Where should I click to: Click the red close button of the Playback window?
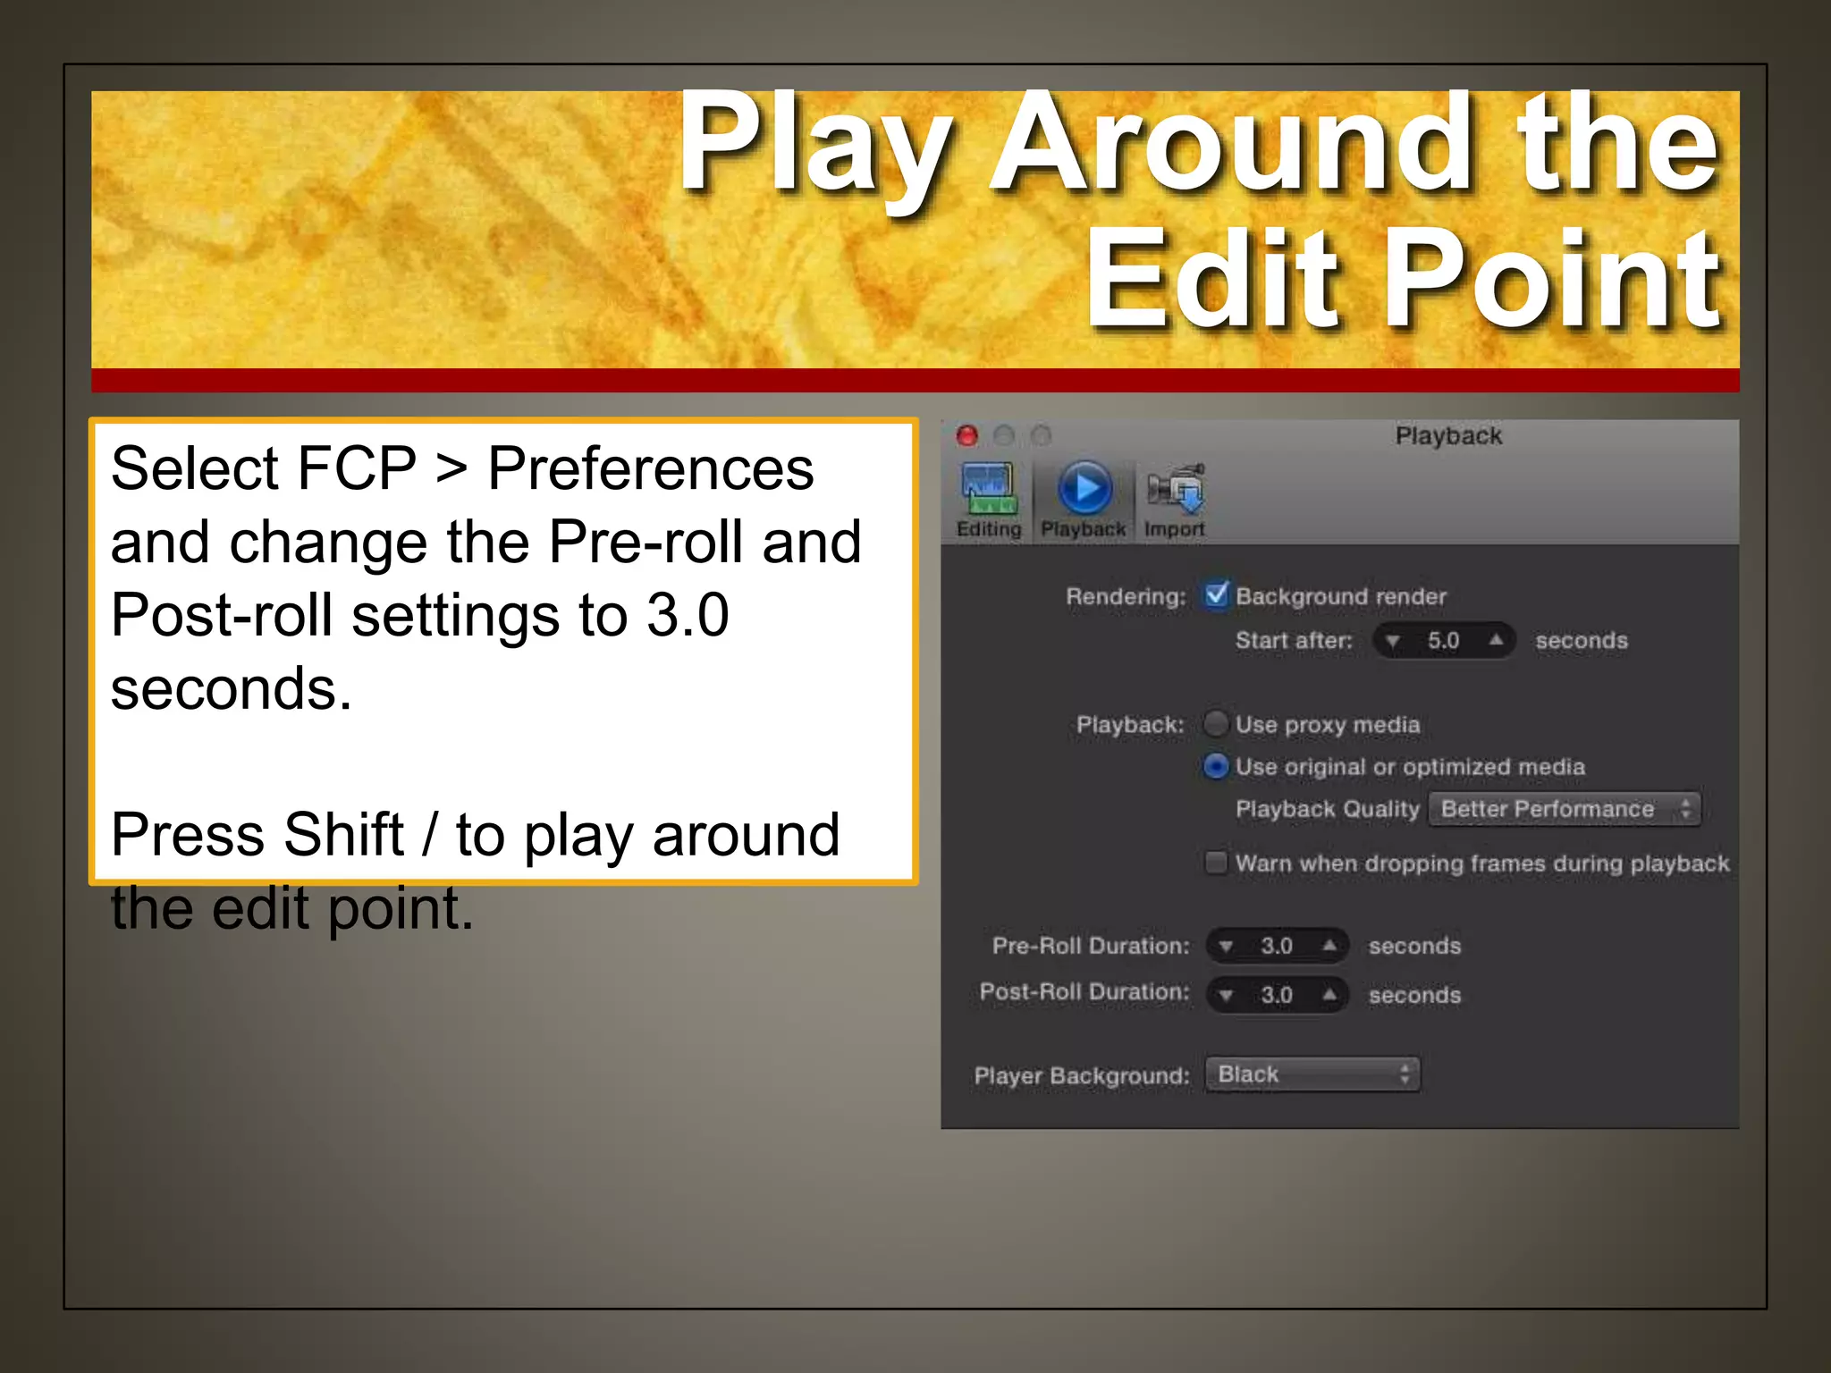pos(966,435)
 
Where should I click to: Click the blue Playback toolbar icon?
pos(1084,488)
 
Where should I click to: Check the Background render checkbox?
pos(1216,594)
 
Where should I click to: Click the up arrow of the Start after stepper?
pos(1496,640)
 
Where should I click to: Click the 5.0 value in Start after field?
pos(1443,641)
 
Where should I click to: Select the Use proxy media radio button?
pos(1216,723)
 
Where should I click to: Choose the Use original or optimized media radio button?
pos(1216,766)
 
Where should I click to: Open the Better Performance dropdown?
pos(1565,809)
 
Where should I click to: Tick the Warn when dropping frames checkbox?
pos(1216,863)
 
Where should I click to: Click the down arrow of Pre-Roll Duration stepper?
pos(1227,947)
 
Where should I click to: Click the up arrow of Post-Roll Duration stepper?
pos(1330,994)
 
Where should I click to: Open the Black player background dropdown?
pos(1312,1074)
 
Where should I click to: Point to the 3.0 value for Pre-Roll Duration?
pos(1277,946)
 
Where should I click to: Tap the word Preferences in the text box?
pos(650,468)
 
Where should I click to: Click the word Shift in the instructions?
pos(344,834)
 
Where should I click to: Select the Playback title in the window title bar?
pos(1448,436)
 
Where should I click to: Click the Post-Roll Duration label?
pos(1084,992)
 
